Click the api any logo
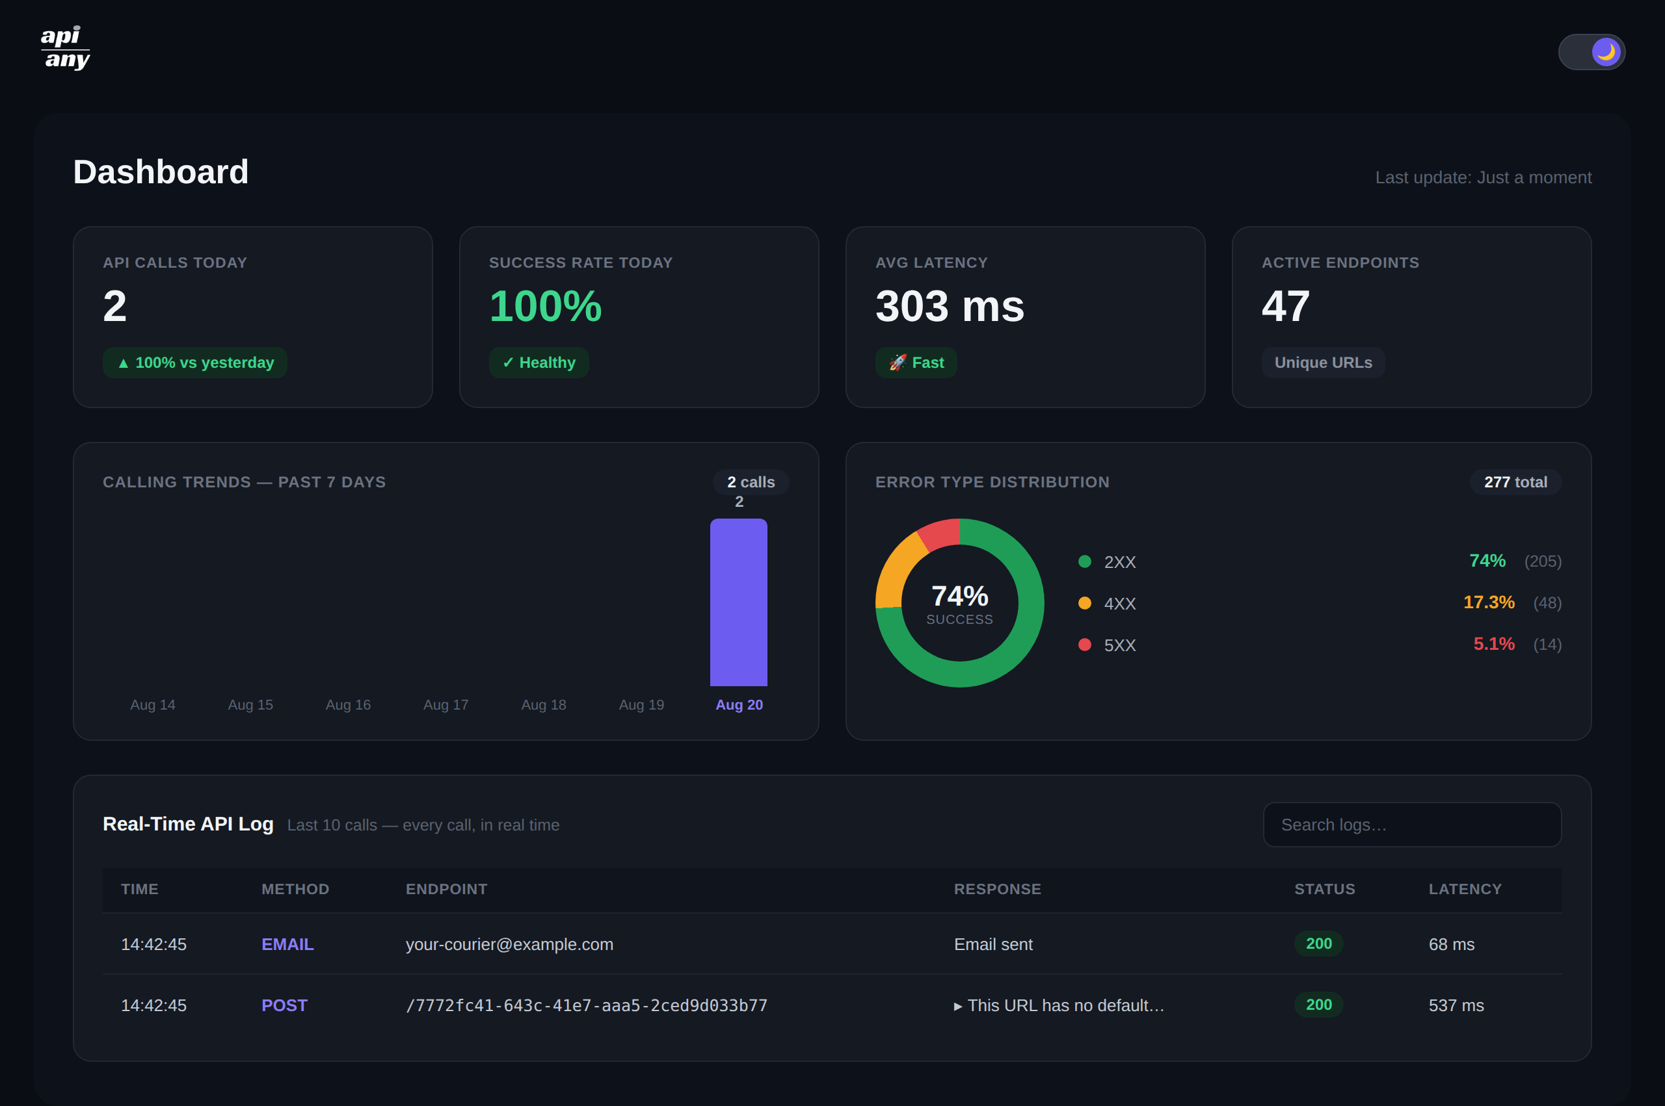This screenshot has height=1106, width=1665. tap(65, 48)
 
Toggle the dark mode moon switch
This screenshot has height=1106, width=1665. tap(1592, 51)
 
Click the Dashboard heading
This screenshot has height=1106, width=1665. tap(161, 172)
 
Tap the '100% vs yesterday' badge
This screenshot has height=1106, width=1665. tap(195, 363)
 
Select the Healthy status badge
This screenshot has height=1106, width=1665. tap(539, 363)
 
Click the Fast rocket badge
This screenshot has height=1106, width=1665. tap(916, 363)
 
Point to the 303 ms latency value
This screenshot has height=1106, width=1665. tap(950, 306)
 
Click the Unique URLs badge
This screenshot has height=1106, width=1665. tap(1323, 363)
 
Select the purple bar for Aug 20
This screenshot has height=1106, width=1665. tap(738, 602)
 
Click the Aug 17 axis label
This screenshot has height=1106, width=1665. tap(446, 704)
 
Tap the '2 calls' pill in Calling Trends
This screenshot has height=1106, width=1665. tap(751, 482)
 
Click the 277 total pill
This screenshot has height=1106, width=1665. tap(1515, 482)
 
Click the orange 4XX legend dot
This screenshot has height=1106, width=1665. tap(1085, 603)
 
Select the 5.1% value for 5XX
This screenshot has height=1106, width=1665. tap(1493, 644)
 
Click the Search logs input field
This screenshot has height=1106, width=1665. tap(1412, 825)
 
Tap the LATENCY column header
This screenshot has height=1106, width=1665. tap(1465, 890)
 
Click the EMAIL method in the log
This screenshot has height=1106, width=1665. tap(287, 944)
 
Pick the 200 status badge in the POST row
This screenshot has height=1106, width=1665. tap(1318, 1005)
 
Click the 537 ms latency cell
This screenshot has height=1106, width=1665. tap(1456, 1006)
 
